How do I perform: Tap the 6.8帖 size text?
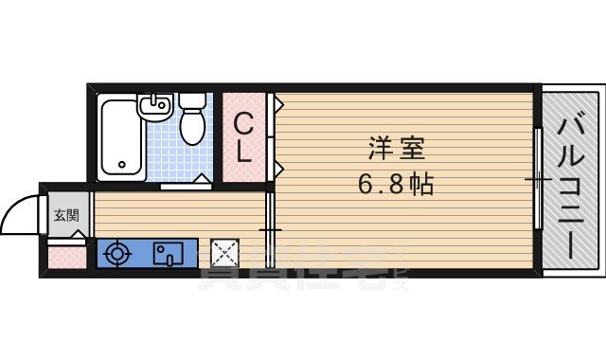click(x=397, y=184)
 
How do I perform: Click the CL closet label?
click(x=244, y=138)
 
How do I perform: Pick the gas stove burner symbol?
click(x=118, y=253)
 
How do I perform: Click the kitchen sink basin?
click(x=169, y=254)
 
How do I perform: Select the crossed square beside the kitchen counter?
click(x=225, y=253)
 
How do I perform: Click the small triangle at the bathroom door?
click(x=203, y=177)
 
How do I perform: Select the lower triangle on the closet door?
click(x=276, y=170)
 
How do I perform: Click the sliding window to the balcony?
click(x=538, y=180)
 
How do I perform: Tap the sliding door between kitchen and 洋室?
click(x=269, y=227)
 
